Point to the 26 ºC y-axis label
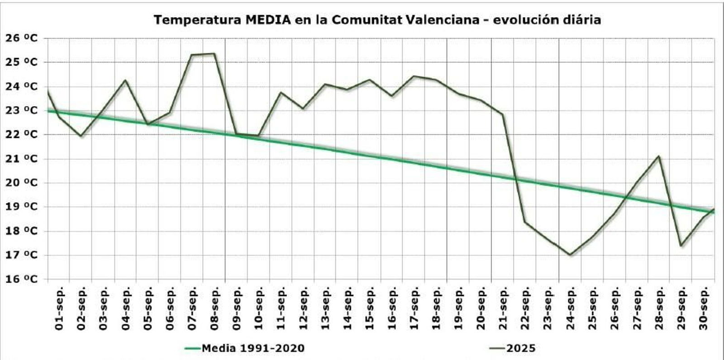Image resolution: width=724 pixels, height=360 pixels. pos(21,38)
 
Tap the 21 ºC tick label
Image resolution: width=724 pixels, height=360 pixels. pos(21,159)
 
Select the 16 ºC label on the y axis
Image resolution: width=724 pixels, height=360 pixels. pos(21,279)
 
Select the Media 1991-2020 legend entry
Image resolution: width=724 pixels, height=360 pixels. pos(245,348)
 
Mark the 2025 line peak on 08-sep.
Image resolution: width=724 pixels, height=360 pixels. pos(214,54)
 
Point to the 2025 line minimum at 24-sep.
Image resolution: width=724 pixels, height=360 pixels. pos(570,255)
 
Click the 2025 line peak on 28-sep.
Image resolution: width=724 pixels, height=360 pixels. pos(659,156)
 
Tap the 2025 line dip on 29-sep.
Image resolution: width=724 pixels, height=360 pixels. pos(681,246)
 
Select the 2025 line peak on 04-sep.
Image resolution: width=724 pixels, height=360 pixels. pos(125,81)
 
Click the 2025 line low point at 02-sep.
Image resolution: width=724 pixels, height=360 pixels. pos(81,136)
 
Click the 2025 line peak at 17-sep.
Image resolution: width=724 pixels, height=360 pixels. pos(414,76)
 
